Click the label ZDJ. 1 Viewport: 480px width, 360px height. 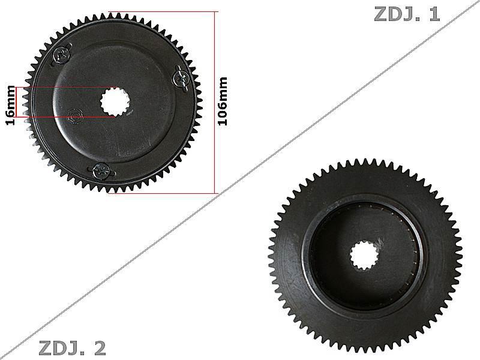407,14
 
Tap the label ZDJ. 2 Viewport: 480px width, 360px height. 72,347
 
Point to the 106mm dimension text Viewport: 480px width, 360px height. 223,101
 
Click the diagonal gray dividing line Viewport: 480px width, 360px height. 240,180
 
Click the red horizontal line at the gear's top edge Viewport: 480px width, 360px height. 162,11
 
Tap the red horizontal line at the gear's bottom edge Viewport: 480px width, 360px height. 162,193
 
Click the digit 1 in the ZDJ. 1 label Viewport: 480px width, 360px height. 434,14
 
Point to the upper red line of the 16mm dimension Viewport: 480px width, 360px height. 66,88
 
